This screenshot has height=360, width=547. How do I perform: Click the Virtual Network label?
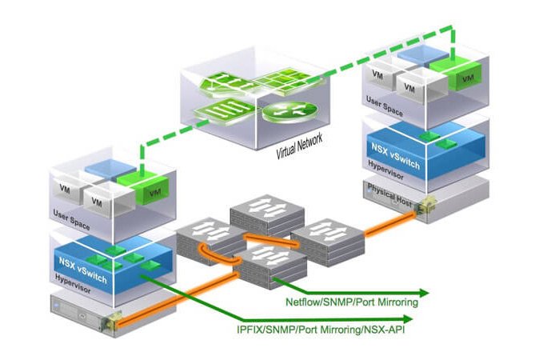(299, 146)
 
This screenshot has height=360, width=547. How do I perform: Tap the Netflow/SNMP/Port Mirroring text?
(352, 302)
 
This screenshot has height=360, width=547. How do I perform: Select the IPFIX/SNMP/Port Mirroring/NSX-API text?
(321, 330)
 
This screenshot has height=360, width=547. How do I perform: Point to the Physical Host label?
(389, 195)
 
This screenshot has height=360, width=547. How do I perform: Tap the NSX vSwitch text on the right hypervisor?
(395, 155)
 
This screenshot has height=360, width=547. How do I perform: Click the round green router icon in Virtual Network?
(290, 112)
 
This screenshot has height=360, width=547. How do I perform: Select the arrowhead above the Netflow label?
(424, 293)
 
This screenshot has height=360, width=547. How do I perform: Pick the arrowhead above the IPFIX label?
(408, 319)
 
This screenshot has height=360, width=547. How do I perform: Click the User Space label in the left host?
(71, 220)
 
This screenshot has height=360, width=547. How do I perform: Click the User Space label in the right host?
(385, 106)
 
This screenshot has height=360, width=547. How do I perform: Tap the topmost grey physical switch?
(267, 214)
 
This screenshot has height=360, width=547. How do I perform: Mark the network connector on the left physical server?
(112, 322)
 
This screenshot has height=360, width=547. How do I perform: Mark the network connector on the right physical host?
(426, 205)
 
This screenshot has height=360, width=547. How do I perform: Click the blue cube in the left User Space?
(110, 170)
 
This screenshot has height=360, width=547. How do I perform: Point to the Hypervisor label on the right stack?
(385, 170)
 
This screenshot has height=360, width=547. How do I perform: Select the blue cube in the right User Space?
(423, 56)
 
